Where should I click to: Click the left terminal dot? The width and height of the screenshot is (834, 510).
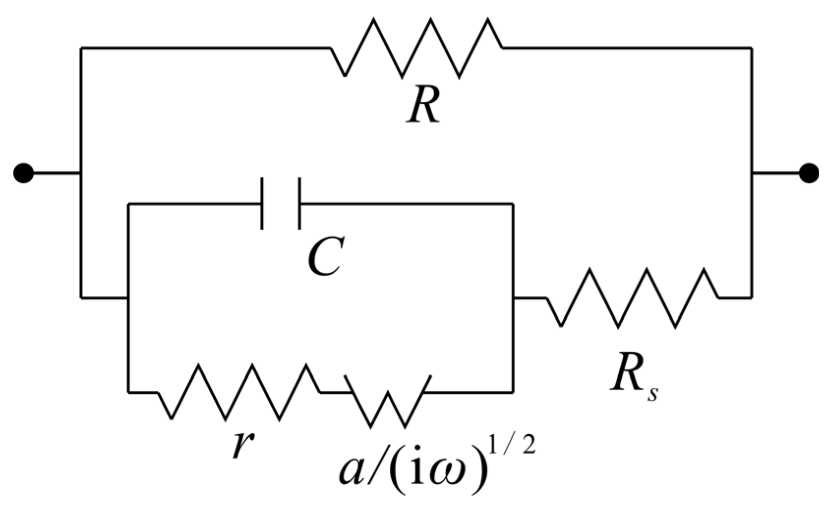[23, 173]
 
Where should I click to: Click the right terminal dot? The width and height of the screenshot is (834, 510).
[808, 173]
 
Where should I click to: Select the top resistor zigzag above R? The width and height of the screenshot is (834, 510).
[416, 48]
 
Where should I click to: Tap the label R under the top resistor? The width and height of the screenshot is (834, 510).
[423, 105]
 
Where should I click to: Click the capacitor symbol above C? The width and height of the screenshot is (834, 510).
[281, 203]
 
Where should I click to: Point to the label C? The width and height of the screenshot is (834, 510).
[324, 257]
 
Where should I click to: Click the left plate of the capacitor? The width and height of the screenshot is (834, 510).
[262, 203]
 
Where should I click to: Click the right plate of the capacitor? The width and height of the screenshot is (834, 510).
[299, 203]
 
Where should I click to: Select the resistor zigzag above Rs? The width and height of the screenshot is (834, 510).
[633, 298]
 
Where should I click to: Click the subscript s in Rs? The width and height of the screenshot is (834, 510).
[652, 393]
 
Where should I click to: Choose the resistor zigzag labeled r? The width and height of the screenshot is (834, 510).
[239, 392]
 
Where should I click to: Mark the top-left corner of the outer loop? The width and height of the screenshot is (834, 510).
[81, 48]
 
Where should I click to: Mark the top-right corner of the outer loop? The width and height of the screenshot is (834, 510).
[751, 48]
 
